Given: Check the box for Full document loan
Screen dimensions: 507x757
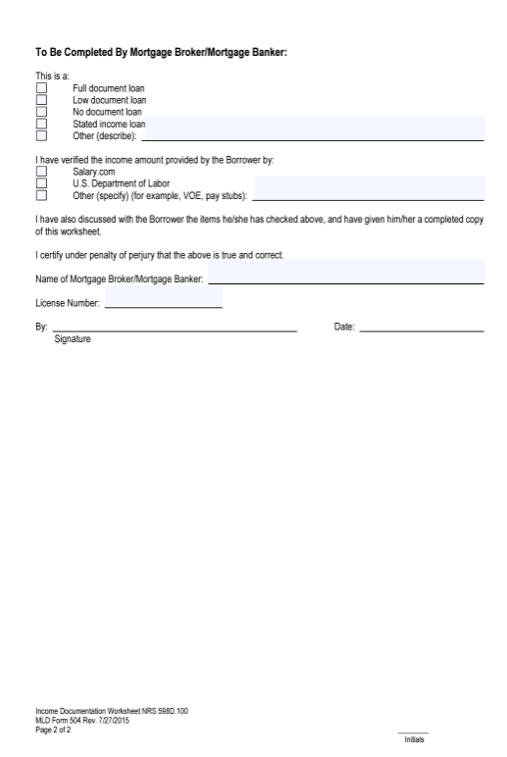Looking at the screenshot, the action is click(41, 88).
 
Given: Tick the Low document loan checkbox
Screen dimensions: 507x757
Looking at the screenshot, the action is click(41, 100).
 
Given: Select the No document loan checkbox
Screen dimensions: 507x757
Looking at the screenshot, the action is click(41, 112).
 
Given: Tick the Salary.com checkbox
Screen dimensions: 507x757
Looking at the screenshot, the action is click(41, 171).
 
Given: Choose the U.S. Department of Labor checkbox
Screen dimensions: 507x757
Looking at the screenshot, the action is click(41, 182).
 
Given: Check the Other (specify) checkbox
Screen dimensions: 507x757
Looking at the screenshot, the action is click(41, 194).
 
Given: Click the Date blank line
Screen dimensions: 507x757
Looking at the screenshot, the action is click(421, 327).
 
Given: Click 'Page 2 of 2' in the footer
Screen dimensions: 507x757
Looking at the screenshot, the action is click(53, 730).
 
